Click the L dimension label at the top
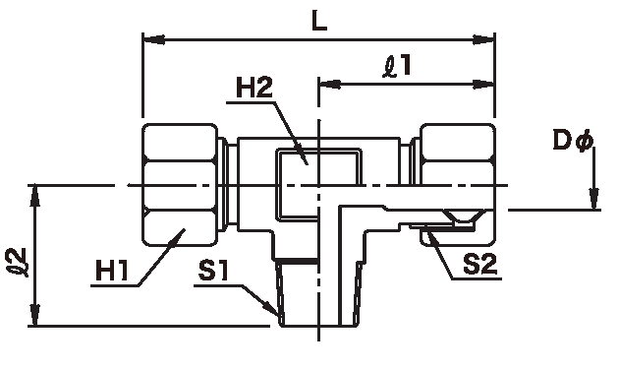319,22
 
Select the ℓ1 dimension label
398,66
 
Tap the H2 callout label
254,88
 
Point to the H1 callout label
112,272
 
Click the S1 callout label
213,272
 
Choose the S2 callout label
480,265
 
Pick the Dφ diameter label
573,141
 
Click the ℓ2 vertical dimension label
18,262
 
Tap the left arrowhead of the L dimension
153,39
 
